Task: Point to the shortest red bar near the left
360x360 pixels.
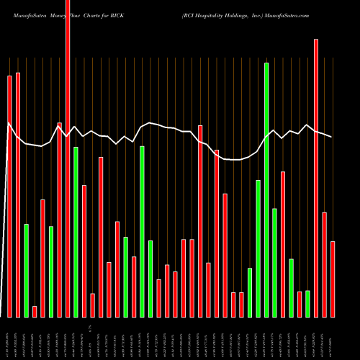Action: [35, 311]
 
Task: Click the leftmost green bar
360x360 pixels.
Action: [26, 270]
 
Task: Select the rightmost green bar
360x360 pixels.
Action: [307, 303]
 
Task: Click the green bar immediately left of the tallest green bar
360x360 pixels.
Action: [258, 248]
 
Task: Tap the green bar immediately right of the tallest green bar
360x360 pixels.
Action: [274, 262]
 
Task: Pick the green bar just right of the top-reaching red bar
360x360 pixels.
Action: [76, 231]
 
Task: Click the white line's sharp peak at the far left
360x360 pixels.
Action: [9, 124]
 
